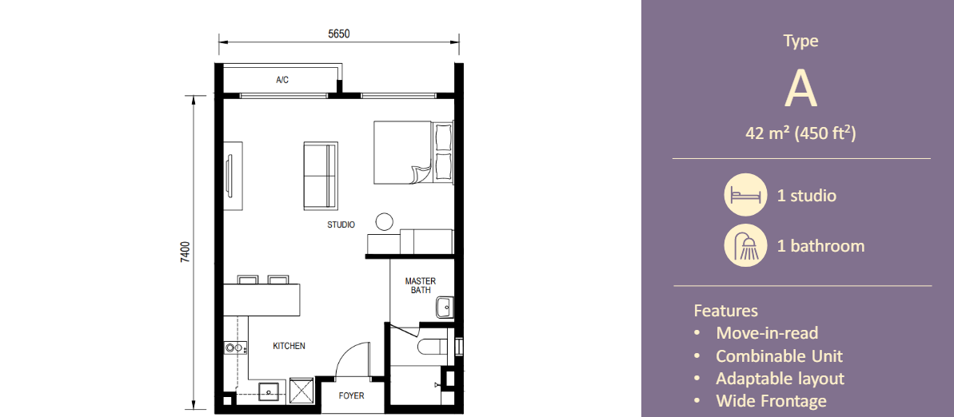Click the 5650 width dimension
point(339,34)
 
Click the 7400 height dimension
point(186,252)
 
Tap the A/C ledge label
point(282,80)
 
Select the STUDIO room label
point(341,225)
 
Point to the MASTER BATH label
point(421,286)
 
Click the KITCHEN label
point(289,346)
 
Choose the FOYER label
point(352,395)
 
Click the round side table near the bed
point(385,222)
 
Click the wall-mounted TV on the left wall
point(230,175)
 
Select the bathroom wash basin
point(445,307)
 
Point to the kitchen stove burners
point(235,348)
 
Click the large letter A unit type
point(800,90)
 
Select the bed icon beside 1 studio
point(744,195)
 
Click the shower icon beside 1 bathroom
point(744,245)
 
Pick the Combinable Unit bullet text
point(780,356)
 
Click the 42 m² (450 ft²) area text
point(800,133)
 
